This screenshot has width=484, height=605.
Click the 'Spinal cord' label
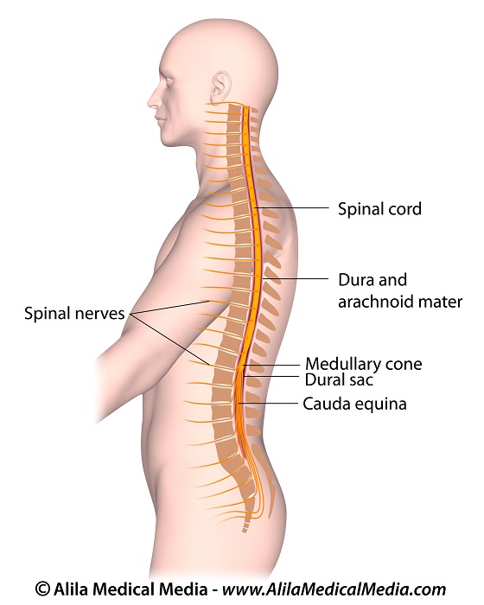click(379, 209)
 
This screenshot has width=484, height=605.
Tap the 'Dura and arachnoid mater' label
click(400, 291)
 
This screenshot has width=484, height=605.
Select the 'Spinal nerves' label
click(74, 313)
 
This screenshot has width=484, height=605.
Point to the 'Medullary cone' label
click(364, 364)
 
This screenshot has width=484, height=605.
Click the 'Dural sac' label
click(339, 380)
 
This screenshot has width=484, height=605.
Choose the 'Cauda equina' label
click(354, 404)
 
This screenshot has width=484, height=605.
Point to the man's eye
click(169, 80)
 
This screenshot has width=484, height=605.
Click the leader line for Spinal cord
click(292, 208)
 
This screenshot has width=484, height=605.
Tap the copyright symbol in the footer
click(43, 589)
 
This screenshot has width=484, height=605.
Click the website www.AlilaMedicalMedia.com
click(334, 589)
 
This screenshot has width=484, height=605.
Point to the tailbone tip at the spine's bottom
click(244, 531)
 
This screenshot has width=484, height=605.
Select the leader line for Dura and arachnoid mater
click(296, 278)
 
